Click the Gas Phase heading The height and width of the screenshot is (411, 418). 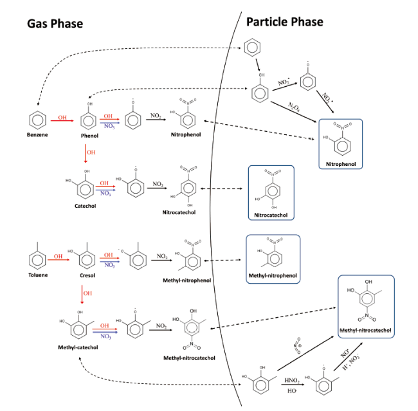[x=55, y=24]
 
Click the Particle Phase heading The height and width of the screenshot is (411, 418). [x=284, y=22]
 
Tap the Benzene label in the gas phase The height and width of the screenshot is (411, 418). [x=37, y=136]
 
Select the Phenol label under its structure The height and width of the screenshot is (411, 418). [x=89, y=136]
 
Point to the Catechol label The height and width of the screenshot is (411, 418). [x=85, y=205]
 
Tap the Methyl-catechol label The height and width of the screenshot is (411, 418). [x=77, y=347]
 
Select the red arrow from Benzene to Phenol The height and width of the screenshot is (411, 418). [x=62, y=120]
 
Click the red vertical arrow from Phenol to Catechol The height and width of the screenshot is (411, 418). [x=85, y=153]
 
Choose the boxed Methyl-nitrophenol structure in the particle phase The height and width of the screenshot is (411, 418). [x=272, y=255]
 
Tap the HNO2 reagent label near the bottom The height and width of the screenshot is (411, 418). [x=291, y=381]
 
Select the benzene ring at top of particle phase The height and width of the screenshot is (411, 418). [x=253, y=48]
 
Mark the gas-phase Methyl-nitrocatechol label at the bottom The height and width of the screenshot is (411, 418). [x=189, y=358]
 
